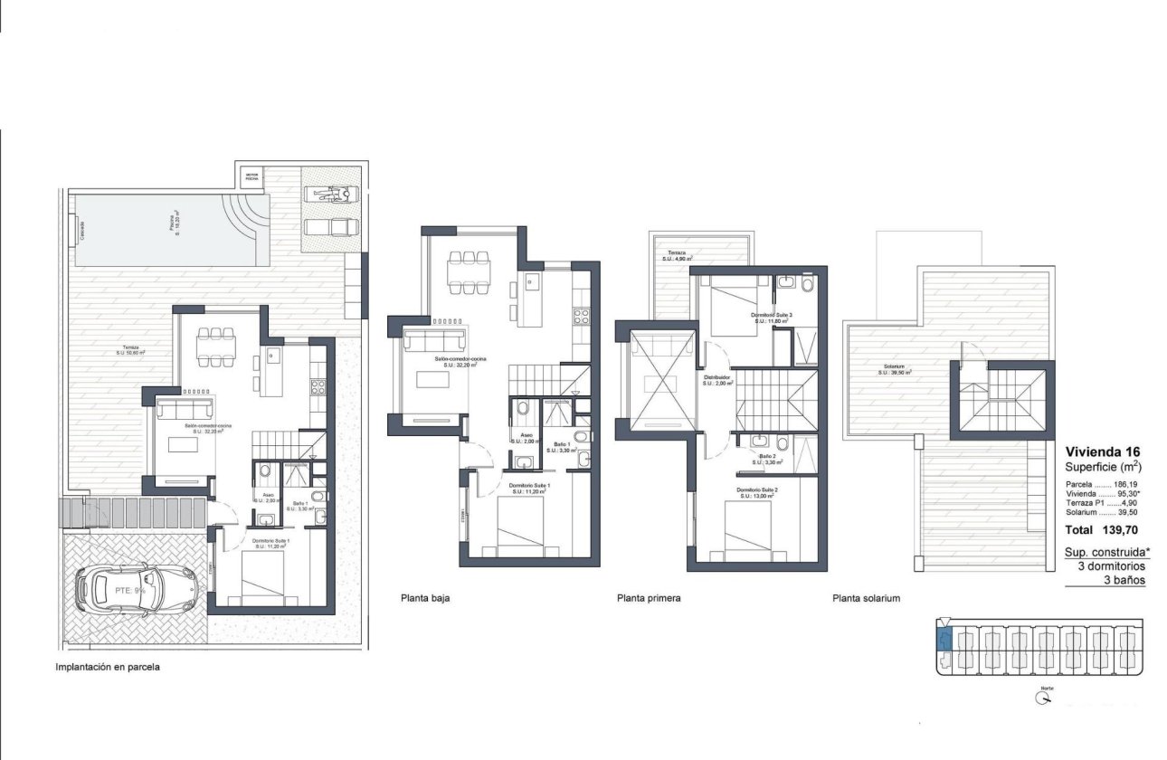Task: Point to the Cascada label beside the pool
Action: click(81, 229)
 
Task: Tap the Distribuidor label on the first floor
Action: click(716, 379)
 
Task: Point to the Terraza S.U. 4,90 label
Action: click(679, 256)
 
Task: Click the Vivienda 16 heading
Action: click(1102, 451)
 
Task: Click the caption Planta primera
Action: click(649, 598)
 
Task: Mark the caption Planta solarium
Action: click(866, 598)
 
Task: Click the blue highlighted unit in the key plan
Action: click(944, 640)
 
